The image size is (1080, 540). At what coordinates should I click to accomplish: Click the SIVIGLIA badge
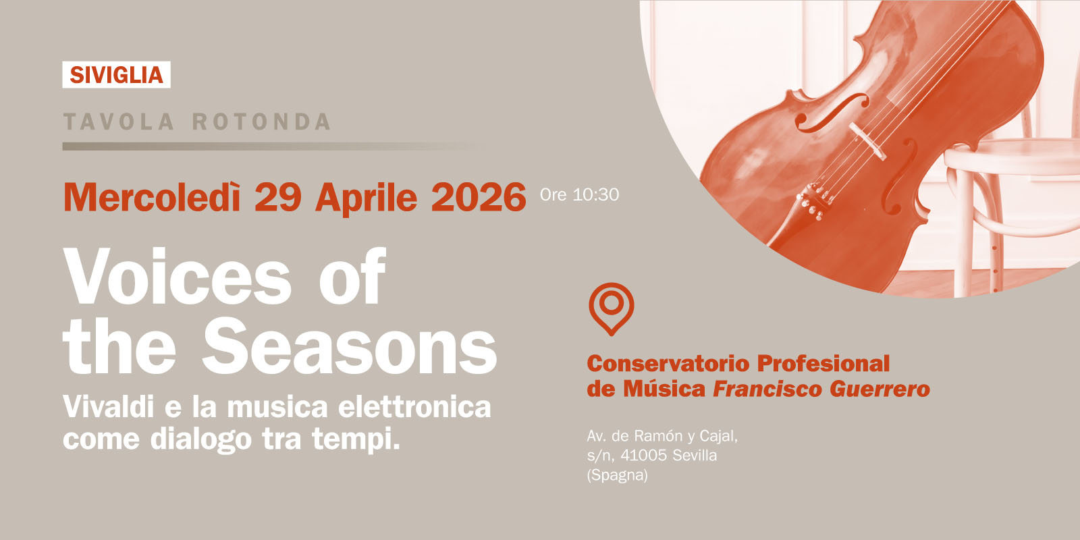click(x=116, y=75)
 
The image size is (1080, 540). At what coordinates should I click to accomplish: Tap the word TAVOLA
click(x=119, y=122)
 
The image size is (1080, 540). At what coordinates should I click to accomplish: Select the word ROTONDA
click(x=262, y=122)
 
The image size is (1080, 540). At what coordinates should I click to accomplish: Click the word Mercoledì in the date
click(x=152, y=197)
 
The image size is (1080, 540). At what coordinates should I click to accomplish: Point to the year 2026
click(x=478, y=197)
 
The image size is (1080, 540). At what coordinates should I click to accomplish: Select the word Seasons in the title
click(x=350, y=348)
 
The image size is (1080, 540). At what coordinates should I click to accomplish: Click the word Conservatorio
click(x=668, y=363)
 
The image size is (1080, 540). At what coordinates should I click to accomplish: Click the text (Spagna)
click(x=617, y=475)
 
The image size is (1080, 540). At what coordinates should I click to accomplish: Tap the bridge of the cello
click(x=867, y=141)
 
